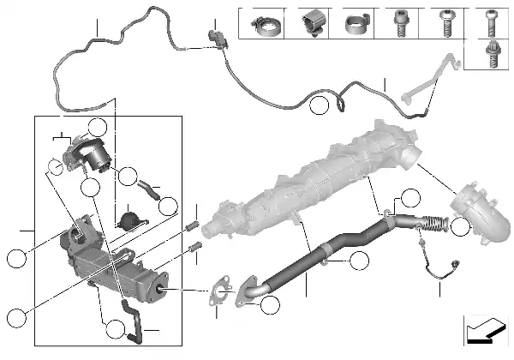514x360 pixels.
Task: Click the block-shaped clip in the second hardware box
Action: click(309, 23)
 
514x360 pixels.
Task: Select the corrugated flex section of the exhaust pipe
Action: click(433, 225)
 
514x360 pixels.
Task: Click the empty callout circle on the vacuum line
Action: click(320, 106)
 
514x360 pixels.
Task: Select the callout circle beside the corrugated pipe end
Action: click(461, 227)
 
